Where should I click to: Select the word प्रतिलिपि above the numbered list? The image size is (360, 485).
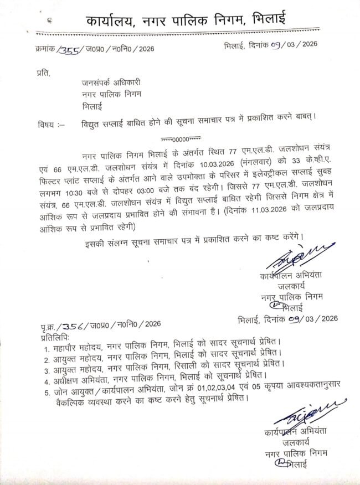[55, 336]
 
